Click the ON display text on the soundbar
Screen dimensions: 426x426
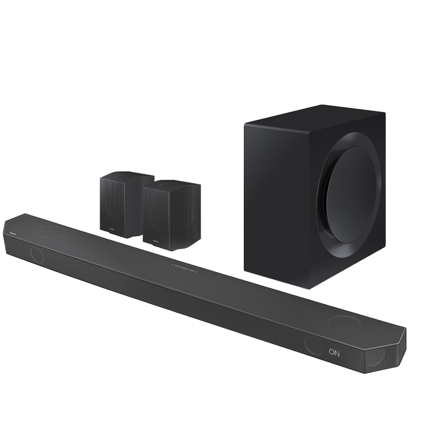334,352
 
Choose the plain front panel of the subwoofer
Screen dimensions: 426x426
277,202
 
